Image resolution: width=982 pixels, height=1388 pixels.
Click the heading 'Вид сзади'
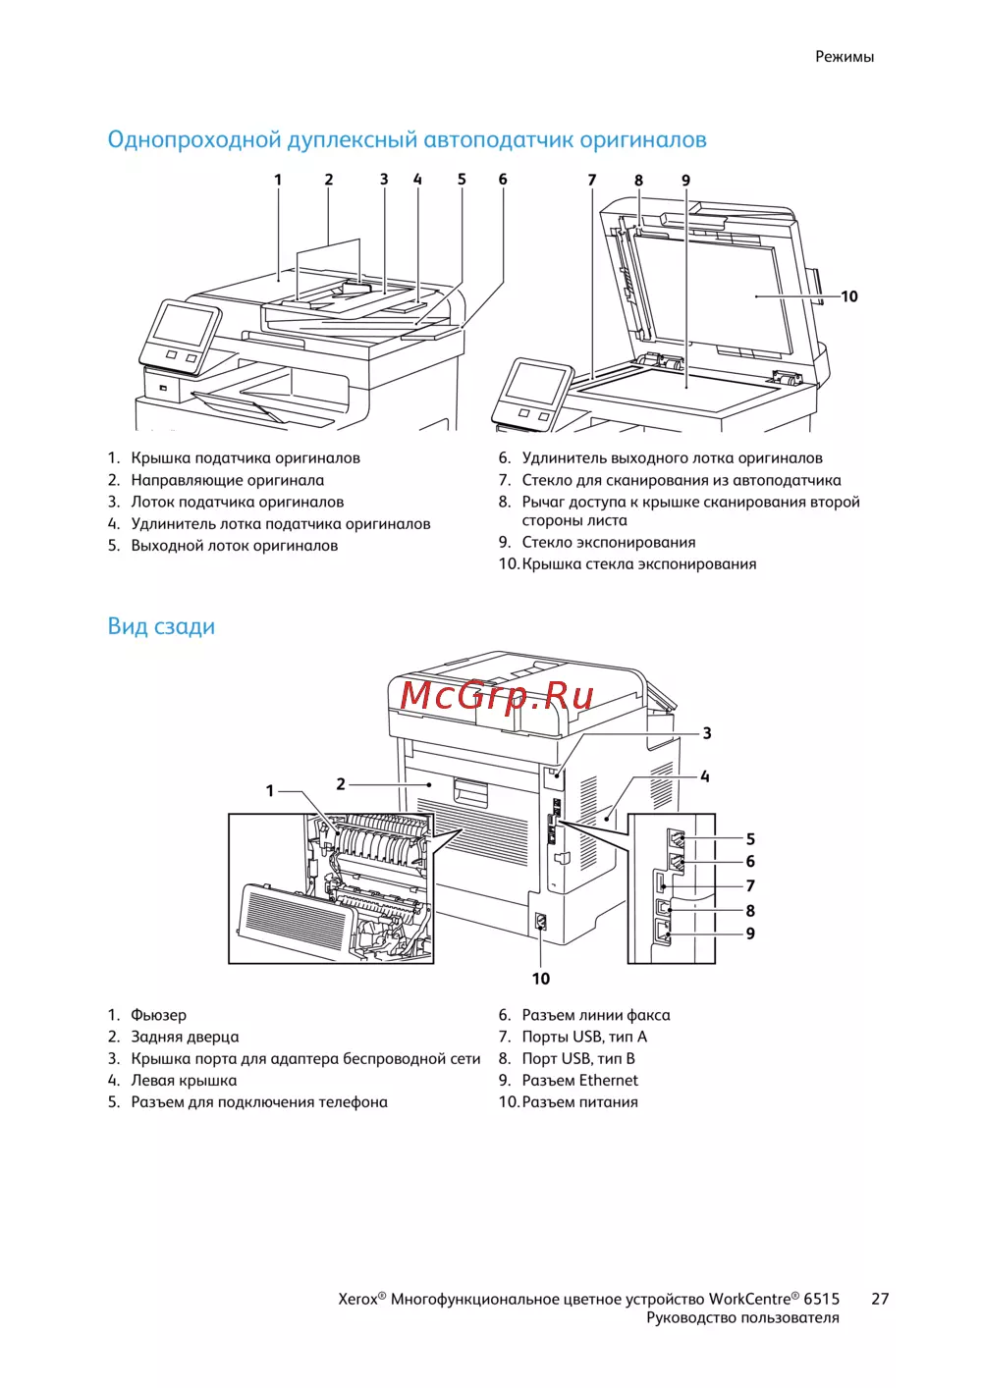click(161, 626)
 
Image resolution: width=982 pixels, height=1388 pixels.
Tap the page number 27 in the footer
click(880, 1299)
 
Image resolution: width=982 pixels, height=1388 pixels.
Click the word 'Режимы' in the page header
click(844, 57)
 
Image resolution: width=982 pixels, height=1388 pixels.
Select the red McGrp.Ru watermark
click(497, 695)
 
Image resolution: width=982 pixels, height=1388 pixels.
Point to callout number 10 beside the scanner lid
click(849, 296)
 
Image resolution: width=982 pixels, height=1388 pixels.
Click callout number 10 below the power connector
click(541, 979)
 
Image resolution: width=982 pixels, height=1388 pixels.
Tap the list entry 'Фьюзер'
click(158, 1015)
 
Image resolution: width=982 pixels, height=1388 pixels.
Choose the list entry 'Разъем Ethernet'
click(579, 1080)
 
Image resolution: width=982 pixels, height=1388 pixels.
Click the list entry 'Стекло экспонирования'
click(608, 542)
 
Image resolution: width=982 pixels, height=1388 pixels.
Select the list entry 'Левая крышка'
click(184, 1080)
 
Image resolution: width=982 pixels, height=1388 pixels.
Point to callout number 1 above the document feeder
click(278, 180)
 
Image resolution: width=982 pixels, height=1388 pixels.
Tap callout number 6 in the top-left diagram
click(503, 180)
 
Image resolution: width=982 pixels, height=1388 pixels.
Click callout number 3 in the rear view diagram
click(707, 733)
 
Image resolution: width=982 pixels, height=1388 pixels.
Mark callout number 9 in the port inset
click(750, 934)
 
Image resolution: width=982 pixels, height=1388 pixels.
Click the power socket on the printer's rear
click(540, 923)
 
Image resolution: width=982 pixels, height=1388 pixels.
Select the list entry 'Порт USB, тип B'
click(577, 1058)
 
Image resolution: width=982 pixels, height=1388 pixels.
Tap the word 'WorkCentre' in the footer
click(749, 1299)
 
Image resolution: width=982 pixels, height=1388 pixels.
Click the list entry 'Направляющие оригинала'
click(227, 480)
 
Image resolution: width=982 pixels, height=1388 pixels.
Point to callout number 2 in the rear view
click(341, 784)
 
